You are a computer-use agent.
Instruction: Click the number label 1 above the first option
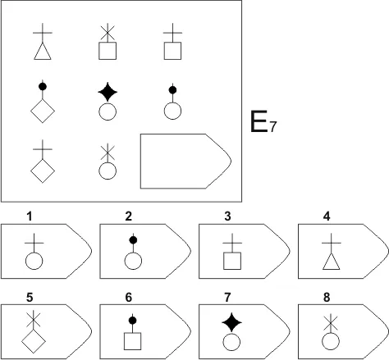tap(30, 216)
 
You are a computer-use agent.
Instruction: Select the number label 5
tap(30, 297)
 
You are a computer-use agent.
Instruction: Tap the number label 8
tap(327, 297)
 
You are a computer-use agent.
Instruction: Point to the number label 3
tap(227, 216)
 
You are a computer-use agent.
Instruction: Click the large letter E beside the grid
tap(259, 121)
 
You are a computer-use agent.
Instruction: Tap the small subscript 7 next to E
tap(273, 127)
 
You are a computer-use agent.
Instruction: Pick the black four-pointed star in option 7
tap(231, 322)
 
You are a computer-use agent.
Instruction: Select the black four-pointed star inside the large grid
tap(108, 92)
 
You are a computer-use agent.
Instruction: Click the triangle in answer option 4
tap(332, 262)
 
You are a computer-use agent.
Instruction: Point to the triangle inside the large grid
tap(43, 51)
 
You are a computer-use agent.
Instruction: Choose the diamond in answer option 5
tap(34, 341)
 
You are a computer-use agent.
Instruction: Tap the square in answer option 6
tap(133, 341)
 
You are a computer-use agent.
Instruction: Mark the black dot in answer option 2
tap(133, 240)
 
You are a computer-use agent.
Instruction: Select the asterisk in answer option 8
tap(331, 323)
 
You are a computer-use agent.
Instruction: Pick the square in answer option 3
tap(232, 261)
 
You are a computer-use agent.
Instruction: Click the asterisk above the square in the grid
tap(108, 33)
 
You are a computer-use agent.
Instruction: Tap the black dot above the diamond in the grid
tap(43, 87)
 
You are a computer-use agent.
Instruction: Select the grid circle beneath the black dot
tap(172, 111)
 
